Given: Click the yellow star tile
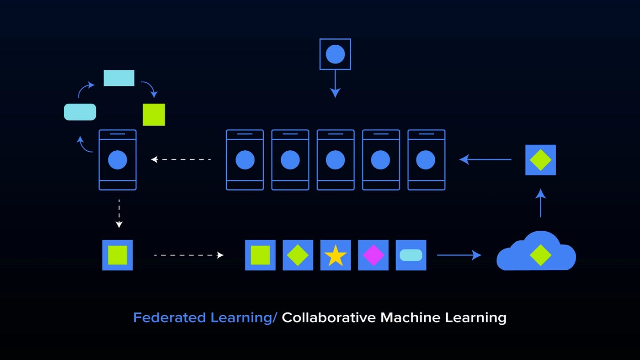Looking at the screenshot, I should point(336,255).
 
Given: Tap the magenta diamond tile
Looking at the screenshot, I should point(373,255).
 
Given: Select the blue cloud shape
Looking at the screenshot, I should point(536,253).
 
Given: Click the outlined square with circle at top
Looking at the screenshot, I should point(335,54).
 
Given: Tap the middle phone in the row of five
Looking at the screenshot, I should point(335,160).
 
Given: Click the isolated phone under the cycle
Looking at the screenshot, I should point(117,160).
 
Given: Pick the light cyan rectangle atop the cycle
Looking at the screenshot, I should point(119,78).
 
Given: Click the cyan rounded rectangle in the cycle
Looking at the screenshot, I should point(80,112).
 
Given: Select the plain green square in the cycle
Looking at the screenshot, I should point(154,114).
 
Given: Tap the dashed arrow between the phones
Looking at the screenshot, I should point(181,159).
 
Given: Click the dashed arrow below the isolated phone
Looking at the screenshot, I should point(119,213).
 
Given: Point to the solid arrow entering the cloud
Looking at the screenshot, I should point(459,255).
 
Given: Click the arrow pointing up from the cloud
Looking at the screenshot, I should point(541,203).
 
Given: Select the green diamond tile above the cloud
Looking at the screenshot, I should point(540,160).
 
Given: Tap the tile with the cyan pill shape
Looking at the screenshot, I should point(411,255).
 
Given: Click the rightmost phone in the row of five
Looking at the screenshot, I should point(426,160).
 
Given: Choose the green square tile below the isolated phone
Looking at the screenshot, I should point(117,255).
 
